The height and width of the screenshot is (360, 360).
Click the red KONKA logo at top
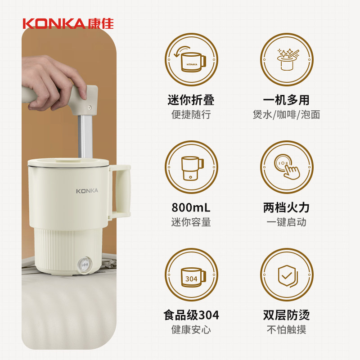pos(68,24)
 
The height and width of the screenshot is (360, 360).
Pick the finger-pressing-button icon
pos(286,167)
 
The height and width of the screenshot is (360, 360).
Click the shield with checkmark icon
pos(286,275)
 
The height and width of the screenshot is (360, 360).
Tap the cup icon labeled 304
pos(191,275)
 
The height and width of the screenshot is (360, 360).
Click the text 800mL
pos(191,208)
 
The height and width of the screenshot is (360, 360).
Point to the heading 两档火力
pos(286,208)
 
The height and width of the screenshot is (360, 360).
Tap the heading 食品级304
pos(191,315)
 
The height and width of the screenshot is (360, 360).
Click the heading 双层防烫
pos(286,315)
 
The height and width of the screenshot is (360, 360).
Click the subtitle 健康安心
pos(191,330)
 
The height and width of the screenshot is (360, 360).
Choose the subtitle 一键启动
pos(286,222)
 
